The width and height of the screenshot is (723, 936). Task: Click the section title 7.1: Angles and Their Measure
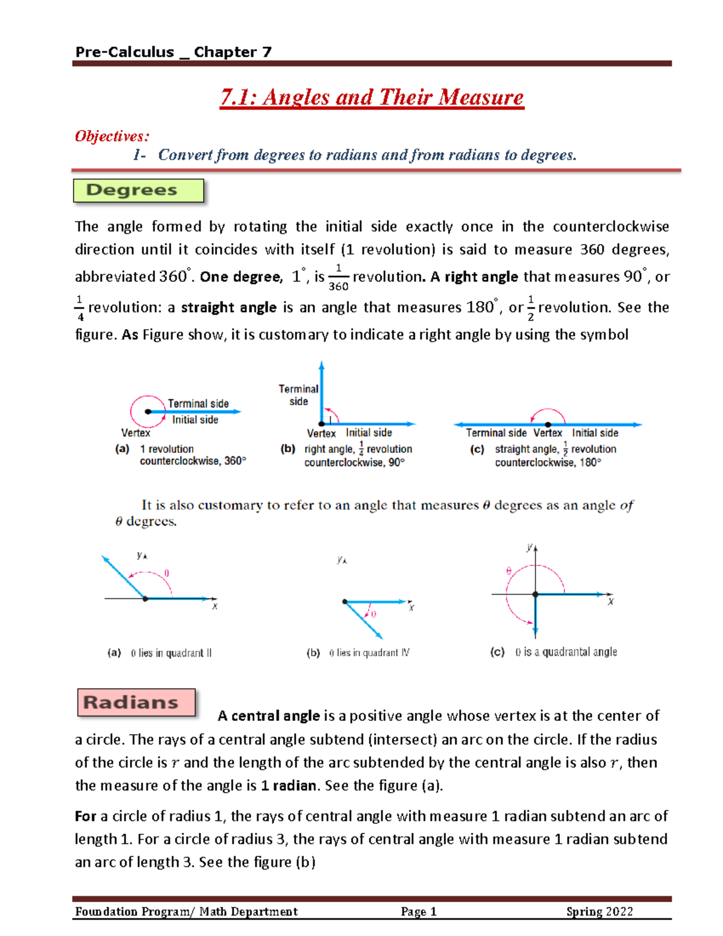372,98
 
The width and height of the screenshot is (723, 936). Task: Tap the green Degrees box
138,190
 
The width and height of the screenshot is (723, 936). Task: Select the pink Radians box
136,703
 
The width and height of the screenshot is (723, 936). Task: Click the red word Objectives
112,136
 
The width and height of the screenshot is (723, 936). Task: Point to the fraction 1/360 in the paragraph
338,277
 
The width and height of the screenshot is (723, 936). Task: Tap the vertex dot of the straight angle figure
548,425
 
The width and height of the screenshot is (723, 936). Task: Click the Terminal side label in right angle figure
298,395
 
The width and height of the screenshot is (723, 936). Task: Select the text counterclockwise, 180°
548,463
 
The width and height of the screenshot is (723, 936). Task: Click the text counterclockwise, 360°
193,461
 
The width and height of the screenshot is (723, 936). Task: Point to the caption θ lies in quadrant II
171,653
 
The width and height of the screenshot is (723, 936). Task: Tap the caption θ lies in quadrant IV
369,653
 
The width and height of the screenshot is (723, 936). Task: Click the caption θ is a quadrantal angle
566,652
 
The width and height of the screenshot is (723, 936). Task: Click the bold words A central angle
269,716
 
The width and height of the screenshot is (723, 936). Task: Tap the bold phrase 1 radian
289,786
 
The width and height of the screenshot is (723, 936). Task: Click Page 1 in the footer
418,912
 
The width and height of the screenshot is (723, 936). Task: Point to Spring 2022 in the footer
599,912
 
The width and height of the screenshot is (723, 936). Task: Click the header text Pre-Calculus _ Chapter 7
174,52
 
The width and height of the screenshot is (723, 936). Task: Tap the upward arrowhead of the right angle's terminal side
322,365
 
